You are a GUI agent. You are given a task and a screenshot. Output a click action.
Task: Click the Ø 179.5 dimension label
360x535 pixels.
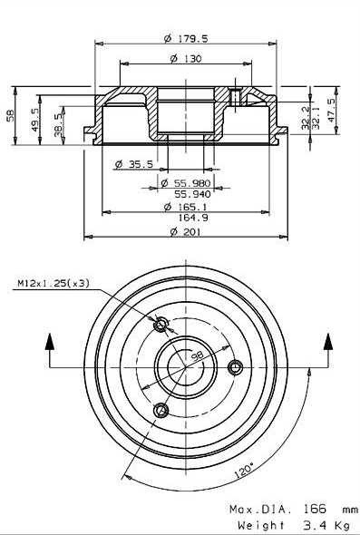tap(186, 39)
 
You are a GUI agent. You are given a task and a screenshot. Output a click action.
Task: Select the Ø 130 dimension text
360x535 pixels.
tap(186, 59)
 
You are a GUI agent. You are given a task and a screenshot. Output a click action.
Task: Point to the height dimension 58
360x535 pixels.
tap(11, 115)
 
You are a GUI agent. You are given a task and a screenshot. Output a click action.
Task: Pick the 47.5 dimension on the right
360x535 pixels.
tap(330, 111)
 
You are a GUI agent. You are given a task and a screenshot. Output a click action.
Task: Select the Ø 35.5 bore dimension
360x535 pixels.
tap(134, 164)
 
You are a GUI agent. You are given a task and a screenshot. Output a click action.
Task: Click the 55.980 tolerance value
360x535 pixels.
tap(190, 183)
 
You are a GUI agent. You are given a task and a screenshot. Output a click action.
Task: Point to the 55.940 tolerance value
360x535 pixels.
tap(193, 194)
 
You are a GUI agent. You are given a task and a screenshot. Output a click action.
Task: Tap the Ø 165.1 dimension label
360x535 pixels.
tap(186, 207)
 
